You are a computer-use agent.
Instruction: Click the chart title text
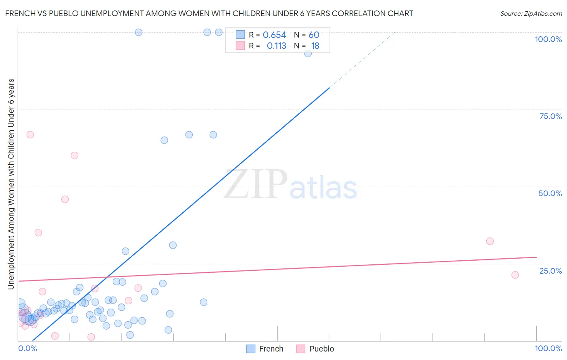[x=209, y=13]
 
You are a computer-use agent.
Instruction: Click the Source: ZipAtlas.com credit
[x=531, y=13]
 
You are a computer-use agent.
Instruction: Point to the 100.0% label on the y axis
[x=548, y=39]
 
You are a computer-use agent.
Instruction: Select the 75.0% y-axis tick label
[x=550, y=116]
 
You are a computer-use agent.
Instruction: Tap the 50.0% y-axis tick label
[x=550, y=193]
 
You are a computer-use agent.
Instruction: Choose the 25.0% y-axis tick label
[x=550, y=271]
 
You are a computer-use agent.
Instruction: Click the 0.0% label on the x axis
[x=28, y=348]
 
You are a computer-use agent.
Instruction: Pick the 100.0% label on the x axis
[x=548, y=348]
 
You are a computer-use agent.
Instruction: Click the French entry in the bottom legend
[x=265, y=349]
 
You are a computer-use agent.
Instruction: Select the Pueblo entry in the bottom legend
[x=315, y=349]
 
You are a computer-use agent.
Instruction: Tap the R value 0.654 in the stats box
[x=274, y=35]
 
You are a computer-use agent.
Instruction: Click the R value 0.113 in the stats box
[x=276, y=46]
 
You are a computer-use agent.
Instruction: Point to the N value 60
[x=314, y=35]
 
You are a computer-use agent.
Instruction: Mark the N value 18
[x=315, y=46]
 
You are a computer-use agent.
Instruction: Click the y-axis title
[x=11, y=184]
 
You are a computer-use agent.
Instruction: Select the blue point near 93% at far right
[x=308, y=53]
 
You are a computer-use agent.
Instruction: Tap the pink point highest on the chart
[x=30, y=135]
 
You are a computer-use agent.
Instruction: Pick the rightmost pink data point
[x=515, y=275]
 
